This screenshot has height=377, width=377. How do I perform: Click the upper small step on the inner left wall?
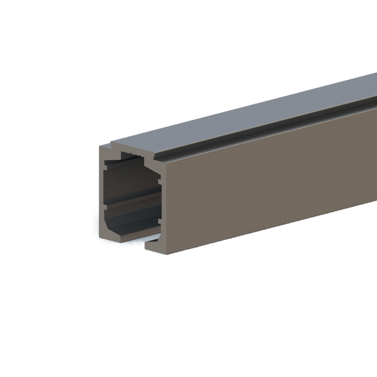point(106,166)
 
